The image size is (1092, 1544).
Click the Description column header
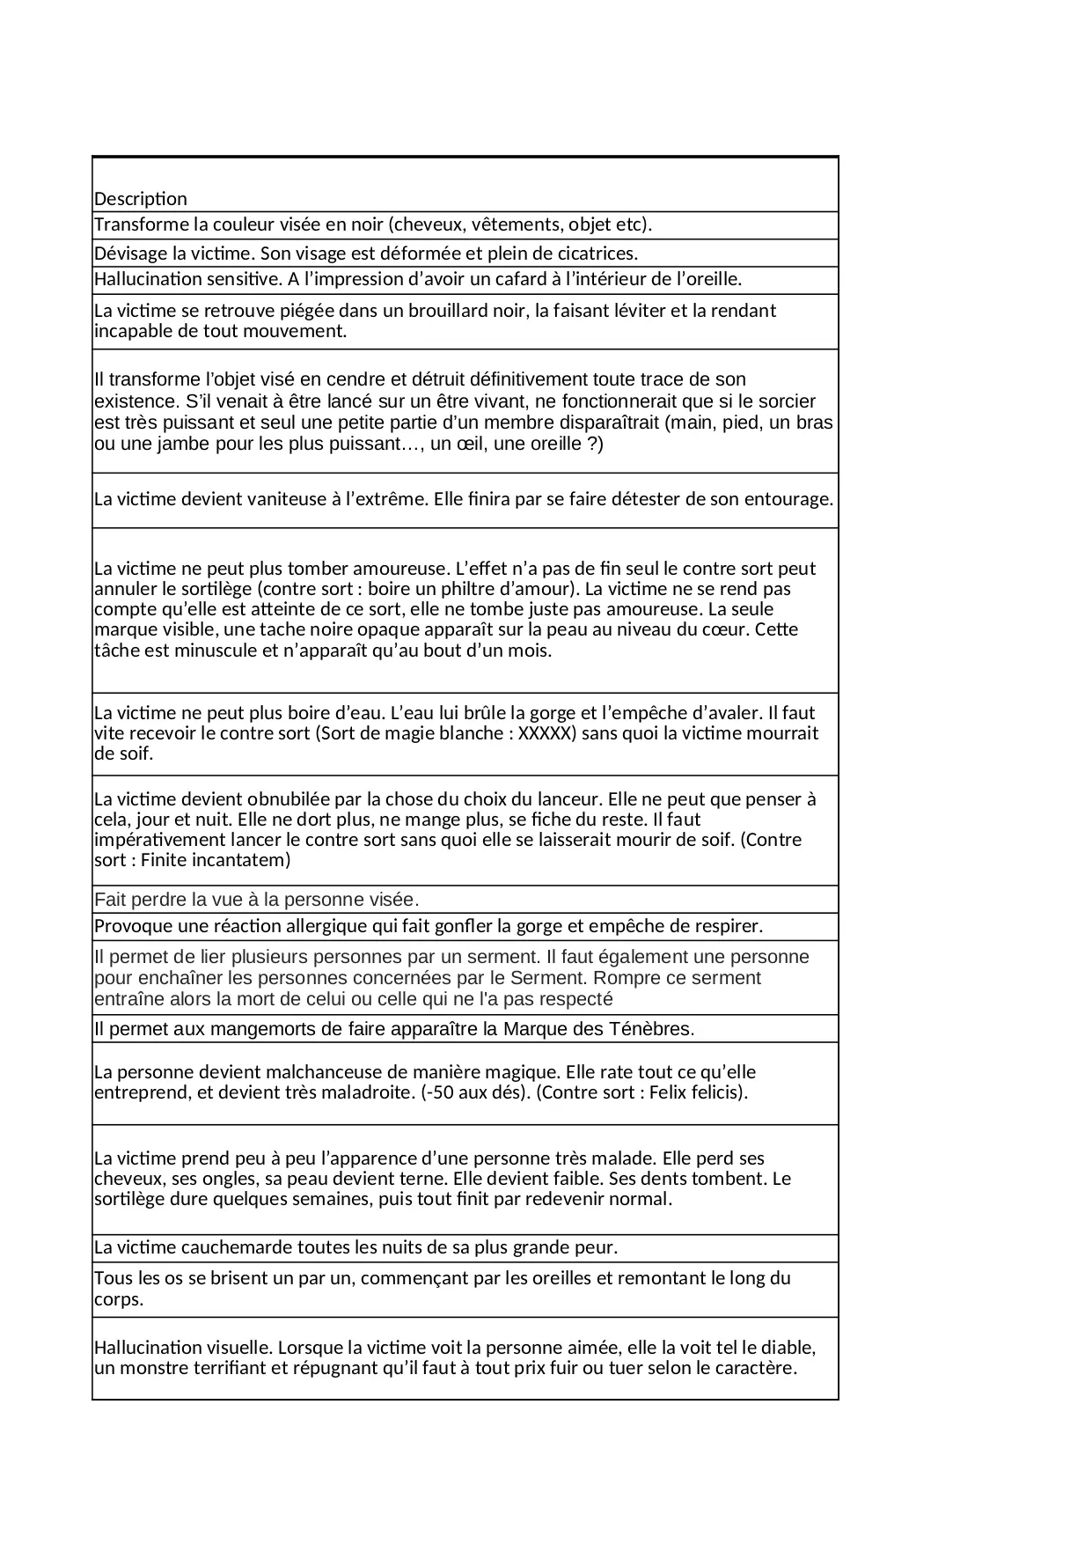click(x=141, y=199)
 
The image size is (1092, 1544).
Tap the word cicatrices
click(x=590, y=254)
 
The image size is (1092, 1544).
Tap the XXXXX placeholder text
click(x=546, y=733)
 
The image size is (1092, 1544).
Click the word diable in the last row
click(x=788, y=1348)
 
